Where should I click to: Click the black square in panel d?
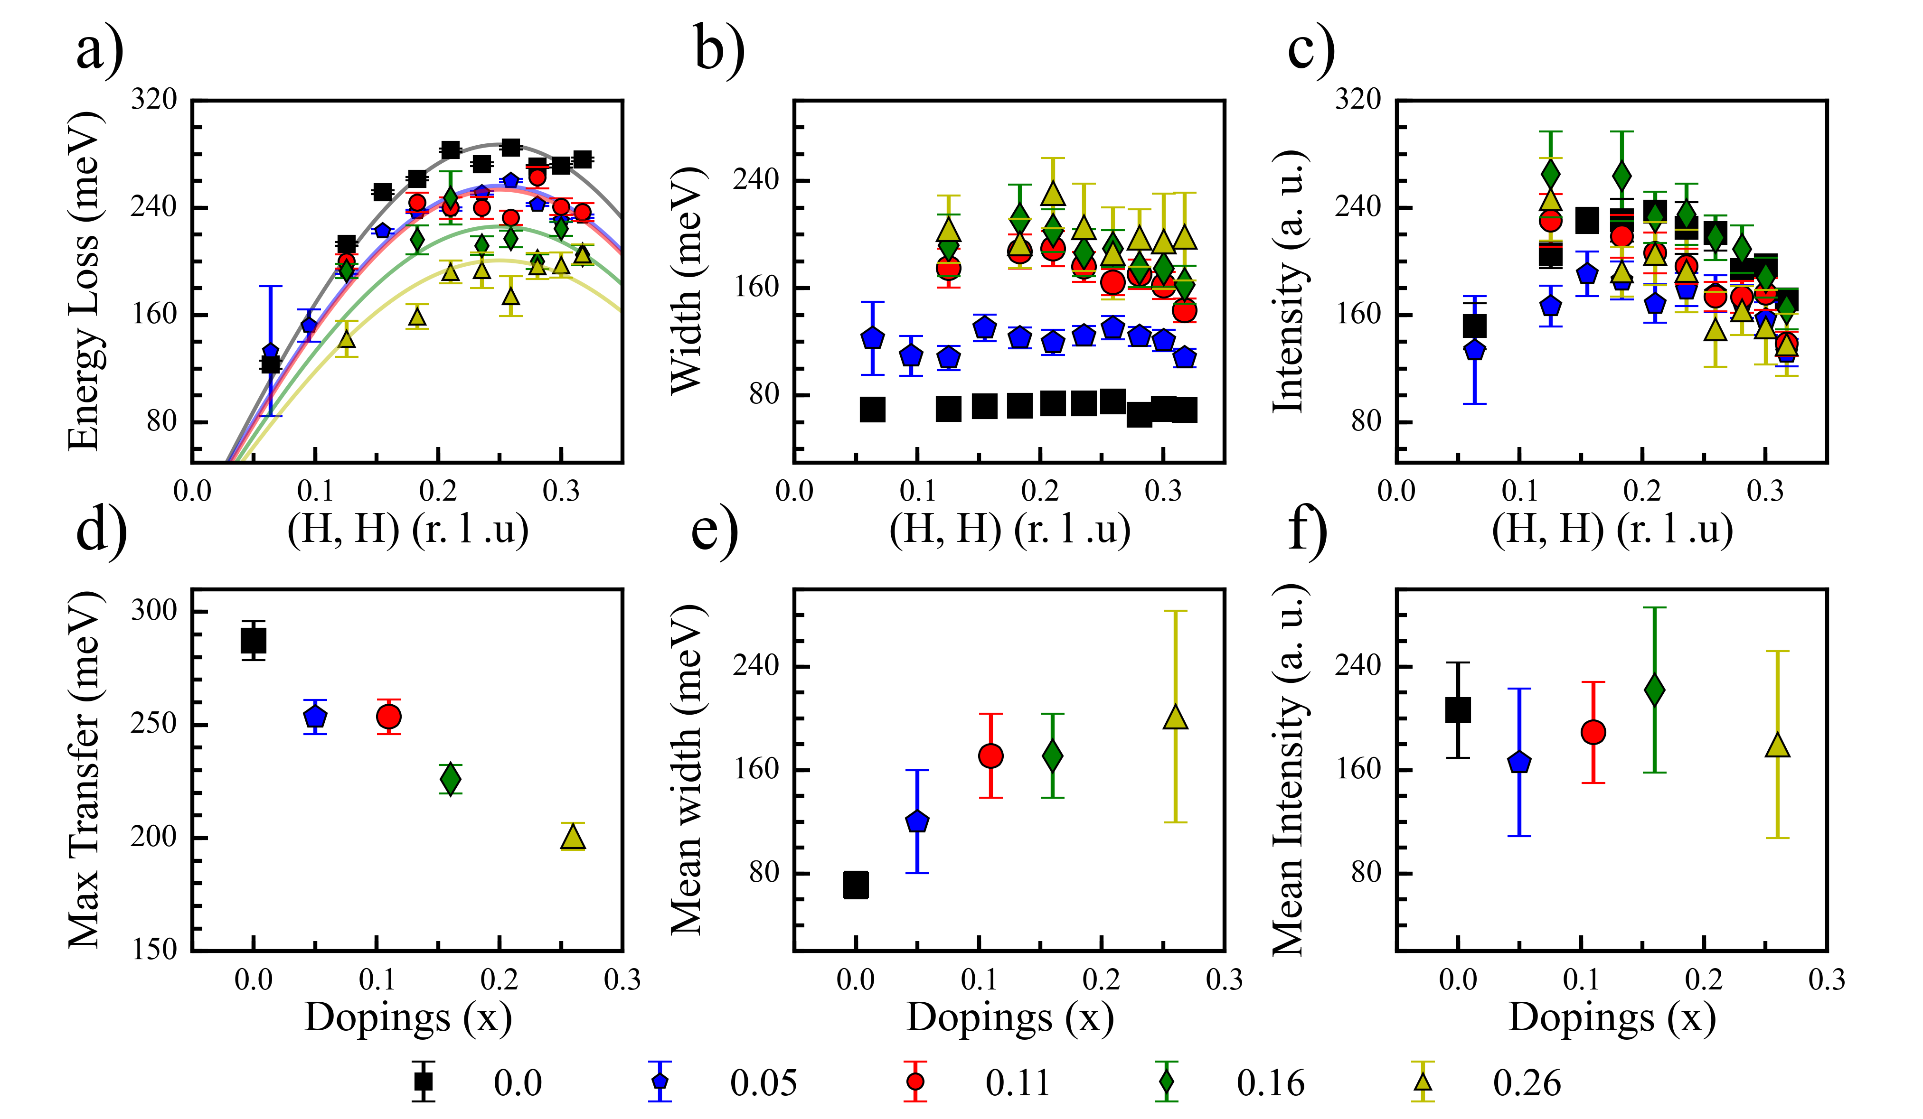[254, 641]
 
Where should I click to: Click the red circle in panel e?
[990, 756]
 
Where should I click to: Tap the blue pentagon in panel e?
[917, 821]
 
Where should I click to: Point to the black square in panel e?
[856, 885]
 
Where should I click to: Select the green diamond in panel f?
[1654, 690]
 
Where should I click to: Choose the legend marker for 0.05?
[660, 1082]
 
